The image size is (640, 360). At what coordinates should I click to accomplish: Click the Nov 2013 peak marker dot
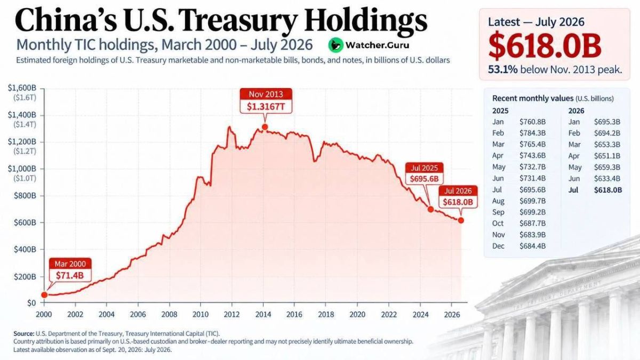point(265,127)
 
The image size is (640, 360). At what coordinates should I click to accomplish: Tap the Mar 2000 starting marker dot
point(44,295)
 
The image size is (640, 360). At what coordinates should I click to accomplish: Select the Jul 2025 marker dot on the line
point(430,210)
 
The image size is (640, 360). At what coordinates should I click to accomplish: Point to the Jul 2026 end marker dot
point(461,220)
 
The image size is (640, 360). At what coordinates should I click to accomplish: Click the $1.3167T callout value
point(266,107)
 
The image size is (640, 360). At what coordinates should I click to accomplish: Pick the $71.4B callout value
point(70,275)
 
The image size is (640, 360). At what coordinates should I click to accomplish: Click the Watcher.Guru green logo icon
point(335,45)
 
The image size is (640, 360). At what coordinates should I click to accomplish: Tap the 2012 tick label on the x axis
point(231,315)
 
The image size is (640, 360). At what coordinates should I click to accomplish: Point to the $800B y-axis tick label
point(25,196)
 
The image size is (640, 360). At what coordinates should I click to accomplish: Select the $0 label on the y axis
point(31,303)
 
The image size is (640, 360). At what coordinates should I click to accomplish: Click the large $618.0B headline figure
point(545,46)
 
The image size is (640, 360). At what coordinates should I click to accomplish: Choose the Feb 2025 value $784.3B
point(533,133)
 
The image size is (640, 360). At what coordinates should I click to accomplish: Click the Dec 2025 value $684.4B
point(533,246)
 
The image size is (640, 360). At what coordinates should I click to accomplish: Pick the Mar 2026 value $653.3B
point(607,145)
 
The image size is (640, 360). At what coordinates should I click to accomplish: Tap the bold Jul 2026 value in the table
point(608,190)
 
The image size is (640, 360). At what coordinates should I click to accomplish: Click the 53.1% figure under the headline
point(502,70)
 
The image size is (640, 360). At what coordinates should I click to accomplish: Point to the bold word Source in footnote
point(23,334)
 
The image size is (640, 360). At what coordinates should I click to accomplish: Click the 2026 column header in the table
point(576,111)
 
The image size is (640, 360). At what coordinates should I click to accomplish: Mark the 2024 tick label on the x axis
point(421,315)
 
